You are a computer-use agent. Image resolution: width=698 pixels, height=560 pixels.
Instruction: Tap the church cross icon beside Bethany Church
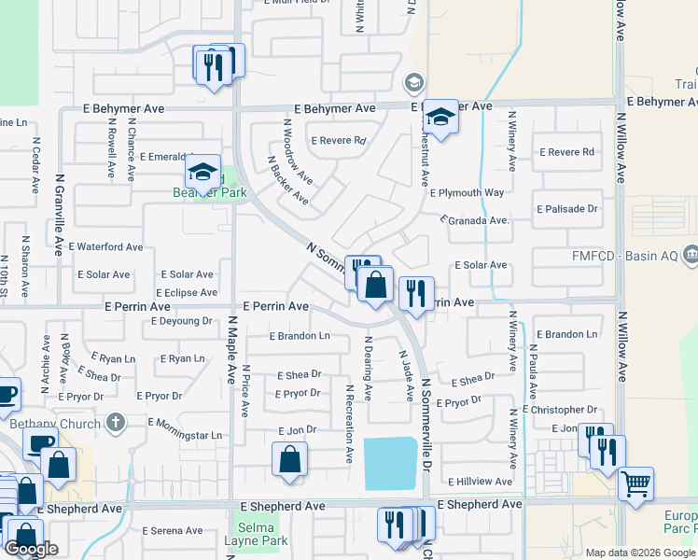(x=116, y=423)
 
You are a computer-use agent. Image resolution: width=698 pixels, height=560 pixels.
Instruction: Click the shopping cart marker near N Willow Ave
(x=635, y=483)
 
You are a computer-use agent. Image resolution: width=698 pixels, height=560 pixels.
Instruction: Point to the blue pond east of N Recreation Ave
(x=390, y=463)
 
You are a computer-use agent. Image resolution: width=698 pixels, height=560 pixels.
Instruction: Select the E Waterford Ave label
(x=105, y=247)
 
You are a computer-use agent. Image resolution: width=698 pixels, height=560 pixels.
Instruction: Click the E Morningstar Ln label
(x=185, y=435)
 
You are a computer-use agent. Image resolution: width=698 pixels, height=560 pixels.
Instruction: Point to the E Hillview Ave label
(x=480, y=482)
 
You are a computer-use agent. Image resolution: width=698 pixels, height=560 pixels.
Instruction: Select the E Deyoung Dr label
(x=181, y=320)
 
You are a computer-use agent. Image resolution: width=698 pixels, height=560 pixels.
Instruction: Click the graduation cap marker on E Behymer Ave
(x=440, y=117)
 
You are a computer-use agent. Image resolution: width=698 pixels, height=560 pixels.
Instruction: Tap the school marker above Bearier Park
(x=202, y=172)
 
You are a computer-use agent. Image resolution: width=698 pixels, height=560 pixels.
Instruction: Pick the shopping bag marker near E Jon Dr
(x=289, y=459)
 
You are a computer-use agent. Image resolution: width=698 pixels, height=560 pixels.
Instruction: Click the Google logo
(x=31, y=550)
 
